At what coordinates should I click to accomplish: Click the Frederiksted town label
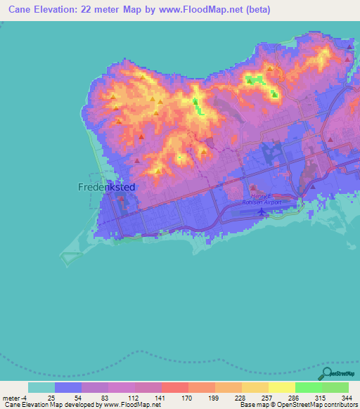click(x=105, y=188)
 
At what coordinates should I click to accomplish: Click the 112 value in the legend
click(x=122, y=398)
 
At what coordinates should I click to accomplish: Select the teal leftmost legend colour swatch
click(x=41, y=387)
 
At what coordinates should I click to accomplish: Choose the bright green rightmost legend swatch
click(x=335, y=387)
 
